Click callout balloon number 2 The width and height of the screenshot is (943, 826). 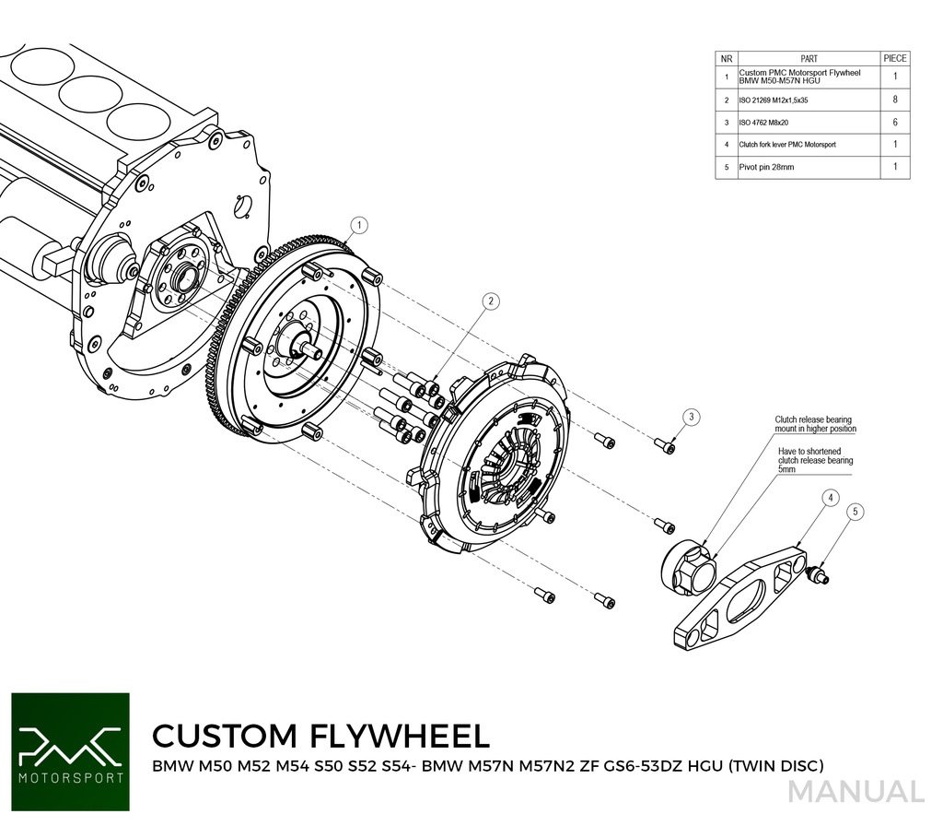coord(492,301)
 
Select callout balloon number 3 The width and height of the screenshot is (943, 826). coord(692,418)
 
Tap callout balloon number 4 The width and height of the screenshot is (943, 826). coord(830,498)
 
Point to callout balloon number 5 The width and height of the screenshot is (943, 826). coord(855,511)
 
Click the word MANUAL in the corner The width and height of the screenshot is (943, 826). coord(856,792)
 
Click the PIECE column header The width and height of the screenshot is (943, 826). coord(894,58)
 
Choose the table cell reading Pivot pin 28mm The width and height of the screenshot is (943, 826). coord(766,168)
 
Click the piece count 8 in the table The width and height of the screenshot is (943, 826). coord(895,99)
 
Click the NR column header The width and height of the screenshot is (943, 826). coord(727,58)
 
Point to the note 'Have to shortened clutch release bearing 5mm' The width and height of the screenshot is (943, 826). coord(815,460)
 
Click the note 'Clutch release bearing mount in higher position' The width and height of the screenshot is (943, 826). coord(815,424)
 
